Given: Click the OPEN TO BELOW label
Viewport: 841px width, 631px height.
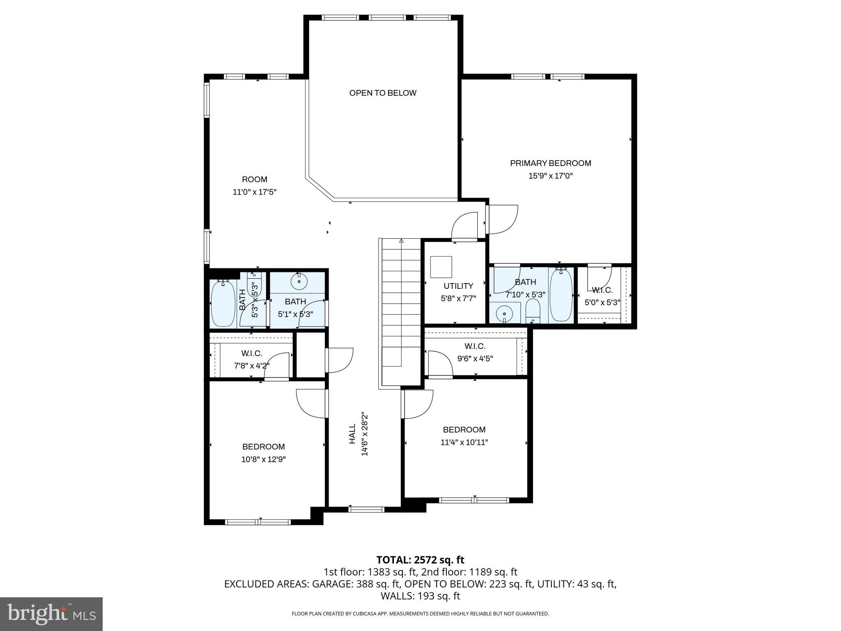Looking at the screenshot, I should coord(383,93).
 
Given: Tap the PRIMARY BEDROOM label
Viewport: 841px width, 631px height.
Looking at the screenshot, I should coord(550,163).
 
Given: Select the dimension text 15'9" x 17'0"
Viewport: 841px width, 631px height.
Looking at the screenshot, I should coord(550,176).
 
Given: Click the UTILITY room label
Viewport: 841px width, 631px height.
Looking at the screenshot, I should coord(458,286).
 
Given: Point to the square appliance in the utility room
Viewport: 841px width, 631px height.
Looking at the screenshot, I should coord(441,267).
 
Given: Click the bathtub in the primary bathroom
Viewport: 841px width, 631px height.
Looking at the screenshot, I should coord(561,295).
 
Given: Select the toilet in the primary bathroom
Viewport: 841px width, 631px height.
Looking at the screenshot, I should coord(533,311).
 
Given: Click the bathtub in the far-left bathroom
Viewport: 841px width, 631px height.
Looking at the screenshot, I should coord(223,303).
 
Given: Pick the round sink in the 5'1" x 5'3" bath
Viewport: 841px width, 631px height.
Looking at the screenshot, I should coord(299,281).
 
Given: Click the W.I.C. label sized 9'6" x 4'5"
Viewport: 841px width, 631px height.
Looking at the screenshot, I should coord(475,346).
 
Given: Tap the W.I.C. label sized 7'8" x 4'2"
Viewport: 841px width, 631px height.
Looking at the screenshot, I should coord(252,353).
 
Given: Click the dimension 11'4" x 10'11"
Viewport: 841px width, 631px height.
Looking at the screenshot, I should coord(464,442).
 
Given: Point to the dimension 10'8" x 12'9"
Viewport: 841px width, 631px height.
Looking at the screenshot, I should coord(263,459).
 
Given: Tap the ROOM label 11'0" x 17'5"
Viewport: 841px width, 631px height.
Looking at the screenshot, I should coord(255,180).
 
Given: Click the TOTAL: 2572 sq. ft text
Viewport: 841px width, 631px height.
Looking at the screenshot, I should coord(420,560).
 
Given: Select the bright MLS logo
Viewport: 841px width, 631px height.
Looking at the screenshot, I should coord(51,614).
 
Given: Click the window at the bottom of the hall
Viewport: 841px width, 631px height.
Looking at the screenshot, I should coord(366,509).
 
